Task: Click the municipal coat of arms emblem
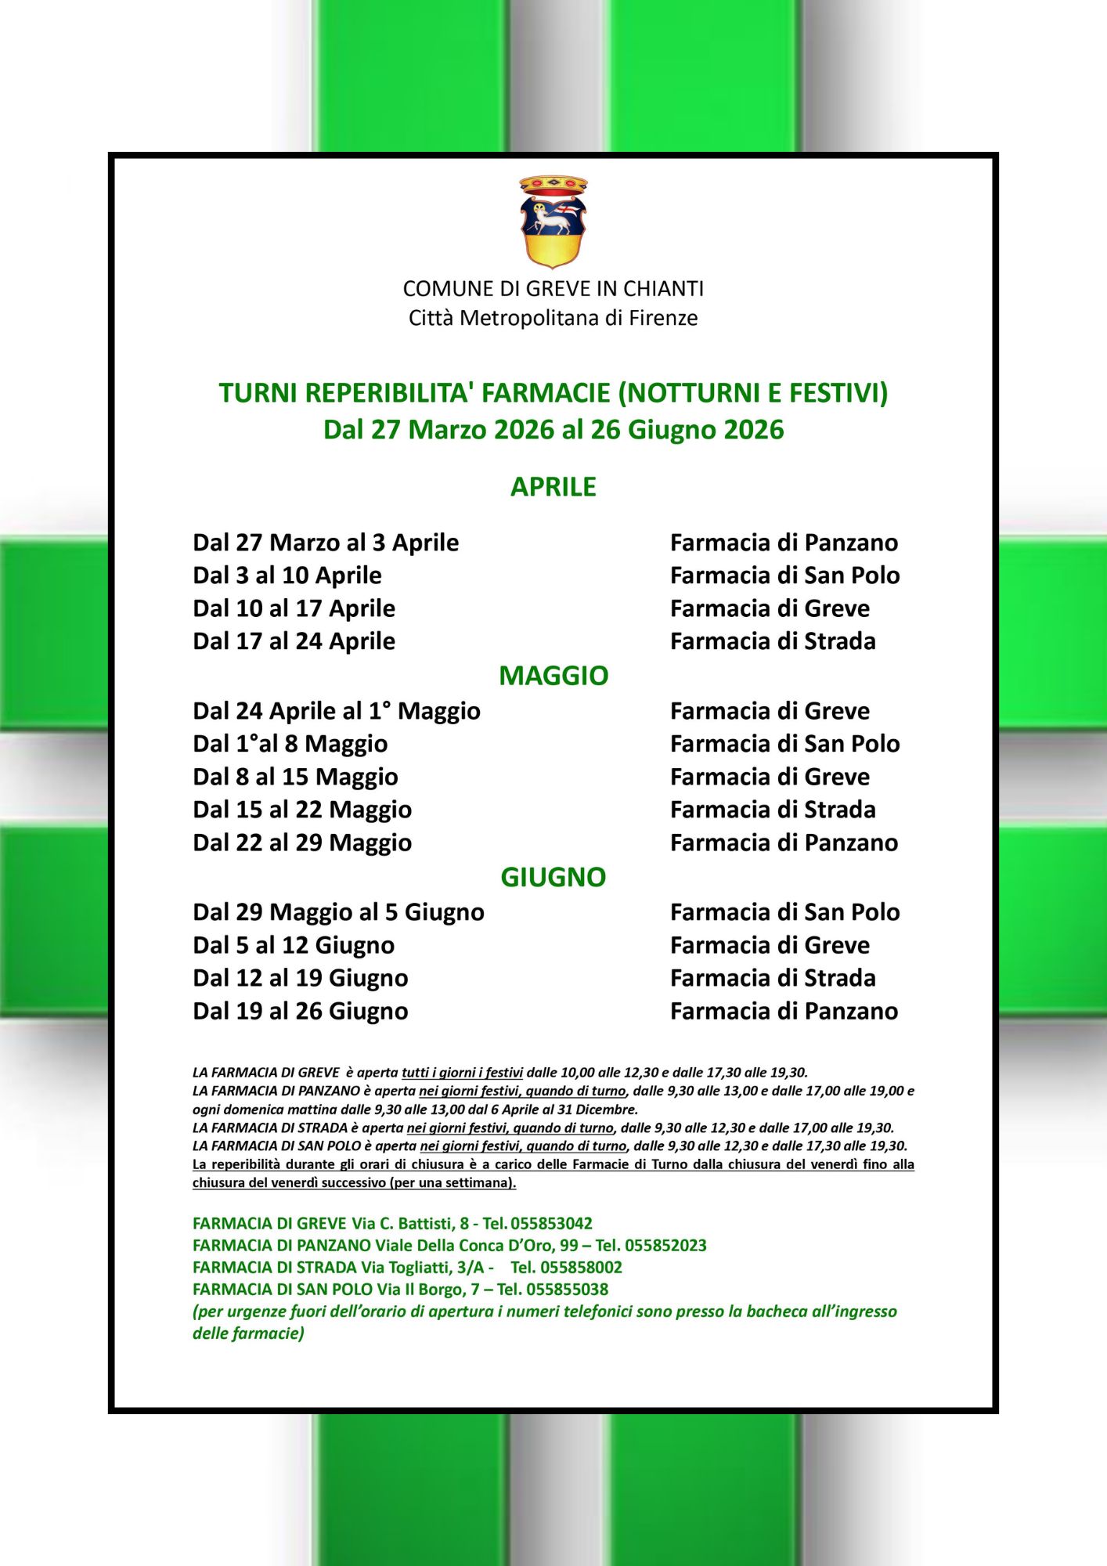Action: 553,222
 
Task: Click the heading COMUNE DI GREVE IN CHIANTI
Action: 553,289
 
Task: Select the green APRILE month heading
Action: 553,487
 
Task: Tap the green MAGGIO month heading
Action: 553,676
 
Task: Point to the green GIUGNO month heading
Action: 553,877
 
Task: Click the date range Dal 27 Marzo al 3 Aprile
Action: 326,543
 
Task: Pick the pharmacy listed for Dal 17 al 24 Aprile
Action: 772,641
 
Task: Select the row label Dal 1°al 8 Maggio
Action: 290,744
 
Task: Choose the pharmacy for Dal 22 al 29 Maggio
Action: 784,843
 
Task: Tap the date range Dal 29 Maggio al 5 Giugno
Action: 338,912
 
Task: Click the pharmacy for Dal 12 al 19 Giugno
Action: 772,978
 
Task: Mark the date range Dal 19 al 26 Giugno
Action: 300,1011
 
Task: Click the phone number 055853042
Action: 551,1223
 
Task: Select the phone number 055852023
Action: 665,1245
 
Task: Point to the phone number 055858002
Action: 581,1267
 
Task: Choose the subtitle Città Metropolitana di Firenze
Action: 553,318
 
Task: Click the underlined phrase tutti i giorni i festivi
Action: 462,1073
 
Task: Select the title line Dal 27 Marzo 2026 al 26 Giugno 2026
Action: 553,430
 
